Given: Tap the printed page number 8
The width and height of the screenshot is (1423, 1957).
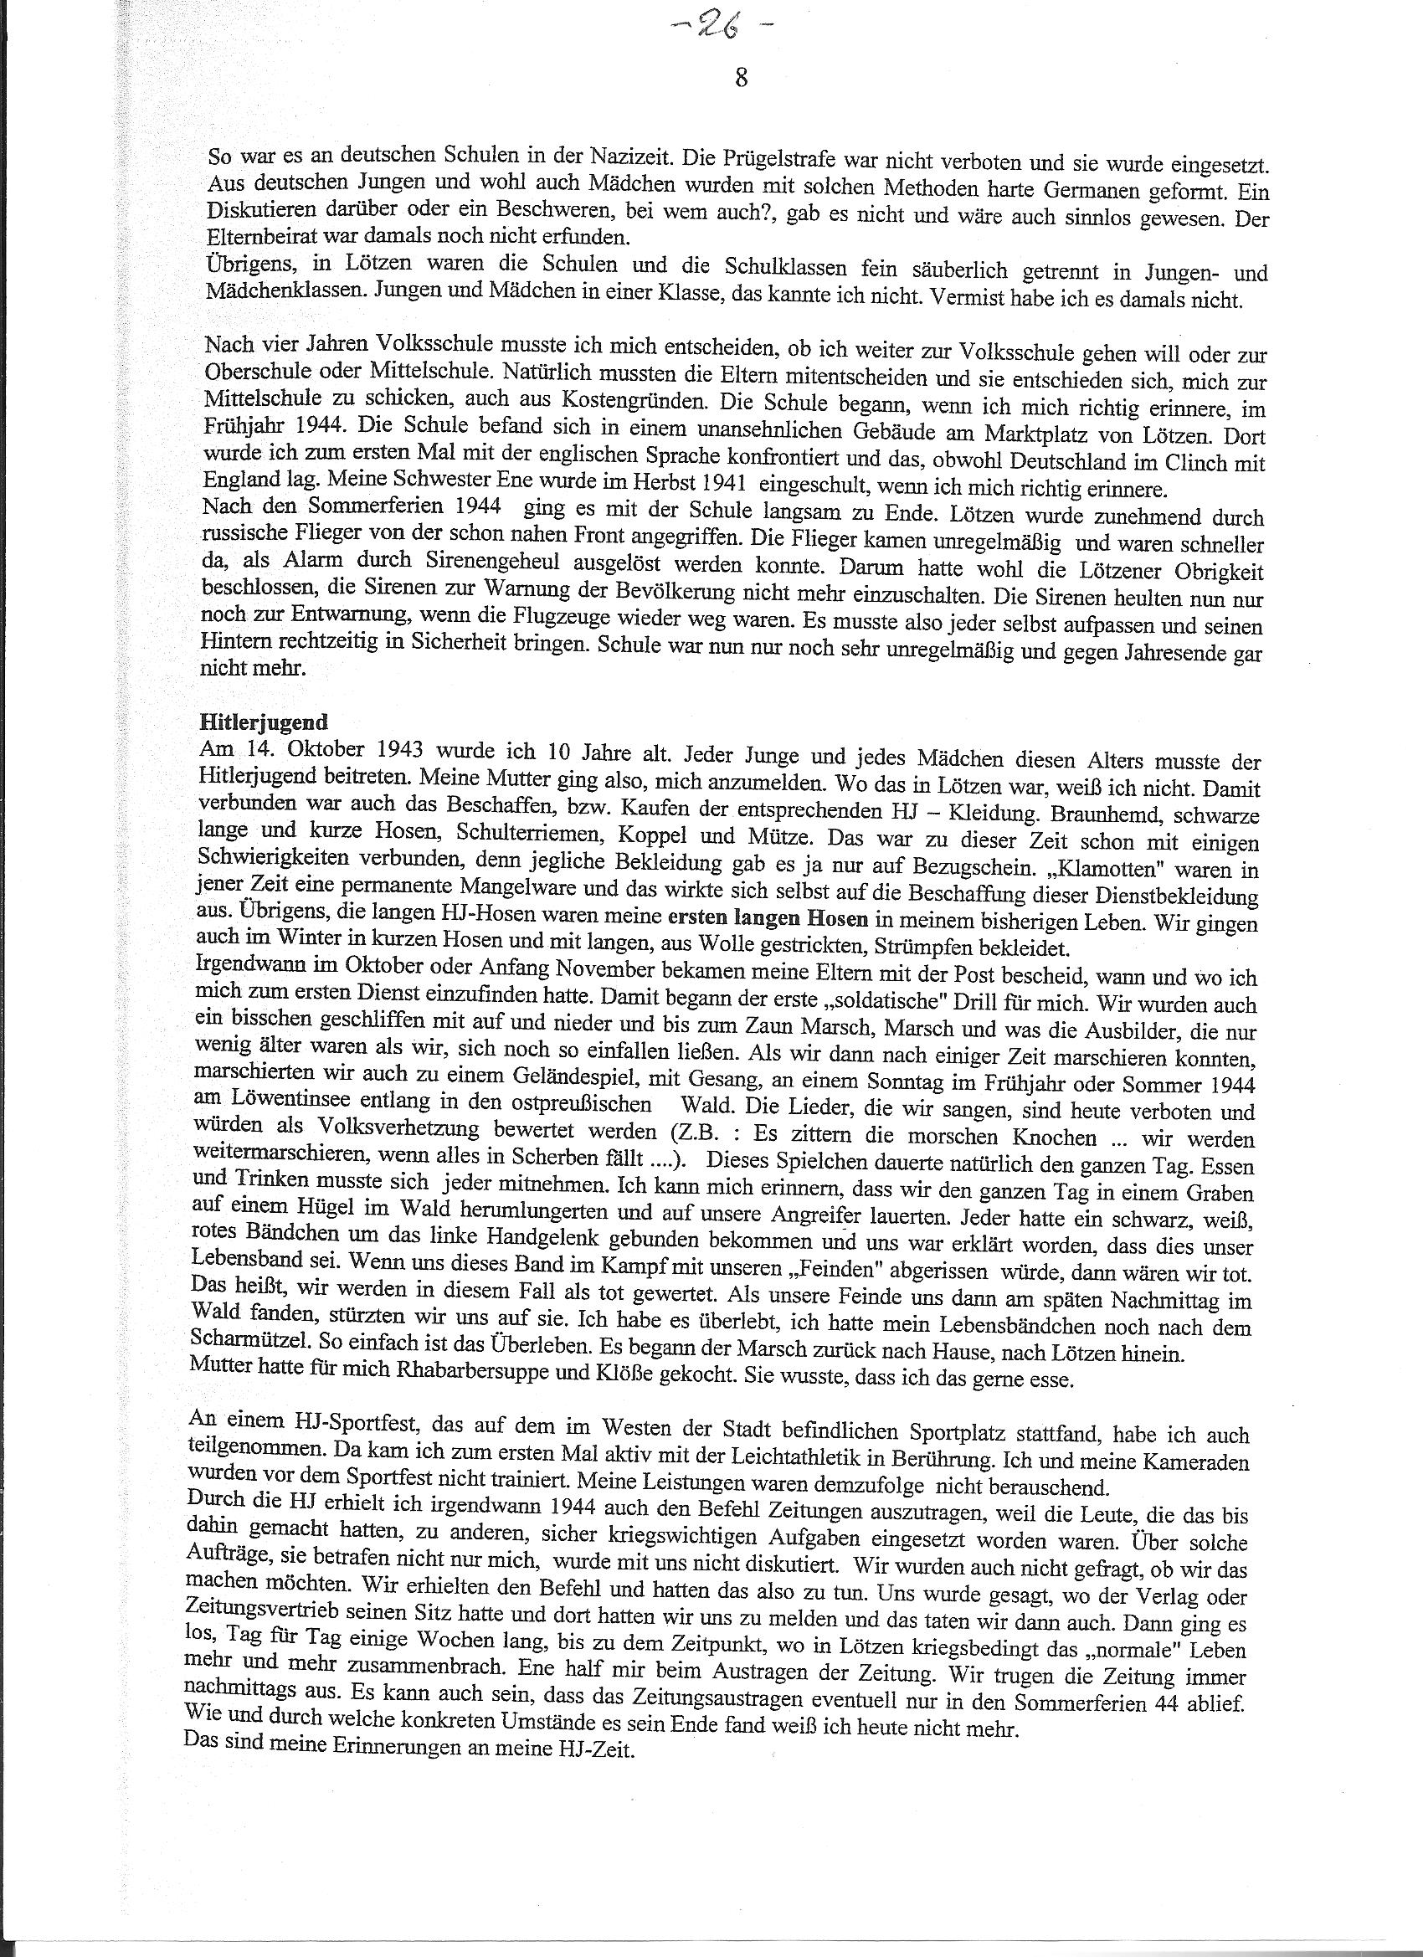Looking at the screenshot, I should coord(742,79).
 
